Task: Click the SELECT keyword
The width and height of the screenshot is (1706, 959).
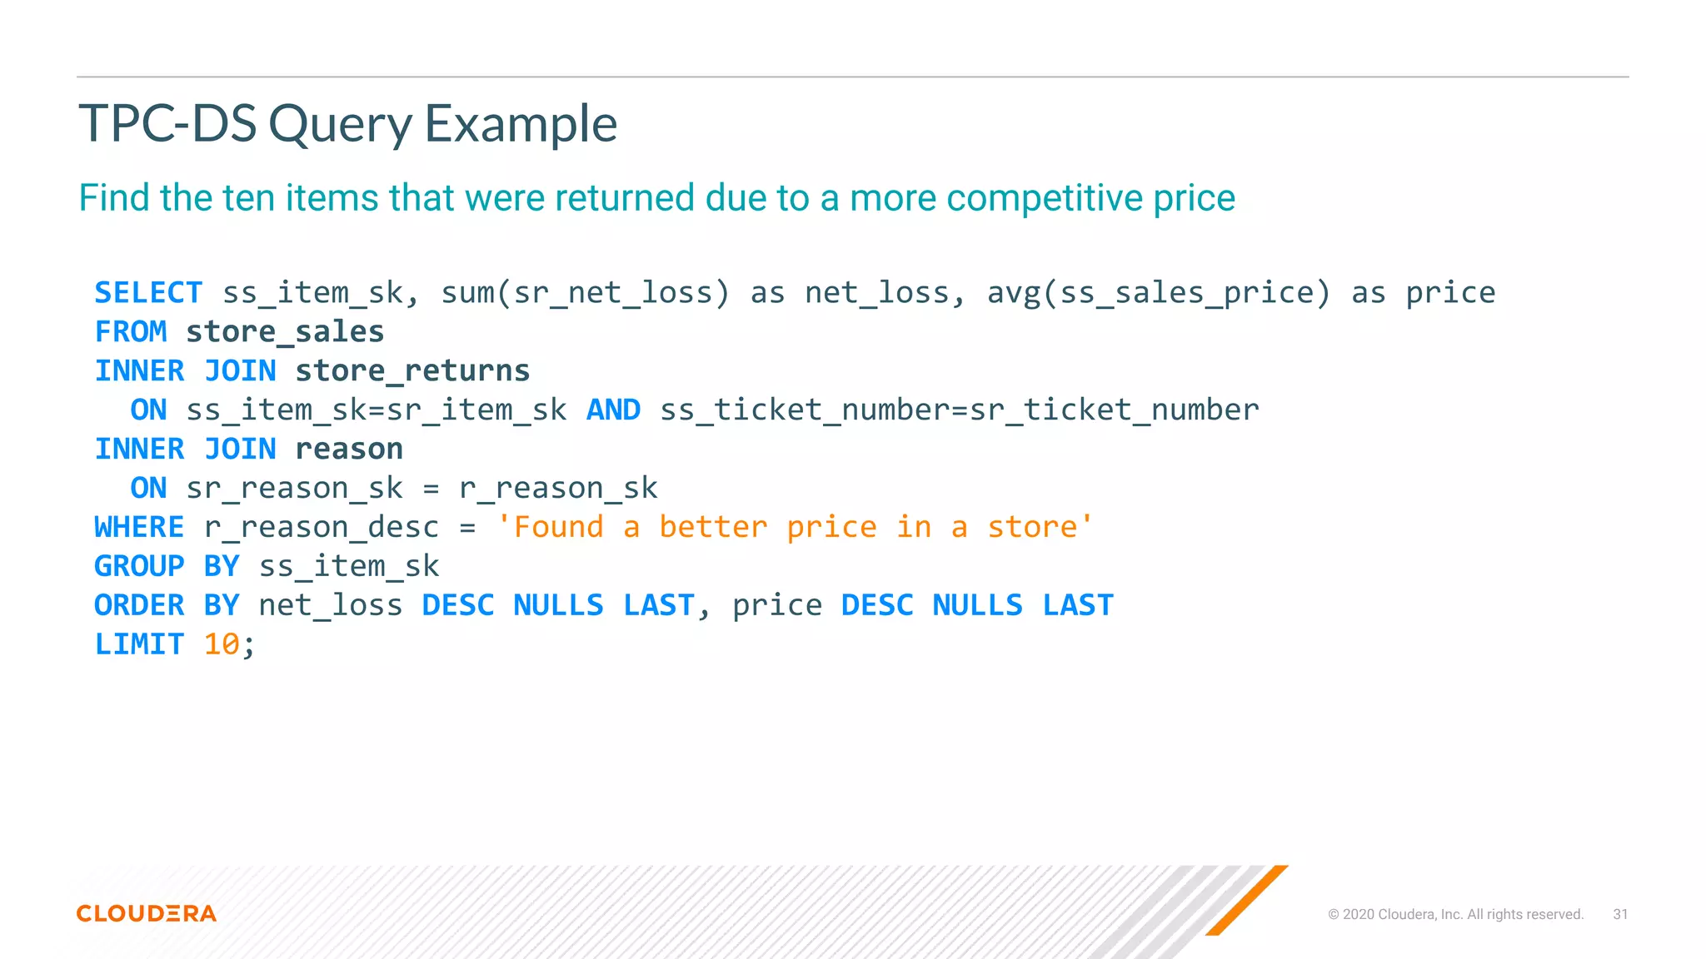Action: point(148,293)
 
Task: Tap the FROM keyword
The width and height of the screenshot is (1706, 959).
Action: point(131,332)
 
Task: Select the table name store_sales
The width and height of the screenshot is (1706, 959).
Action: point(285,332)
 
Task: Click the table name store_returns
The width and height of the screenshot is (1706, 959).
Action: point(412,371)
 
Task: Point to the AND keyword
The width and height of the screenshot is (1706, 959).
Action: point(613,410)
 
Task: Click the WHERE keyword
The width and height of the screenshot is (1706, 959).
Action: point(139,528)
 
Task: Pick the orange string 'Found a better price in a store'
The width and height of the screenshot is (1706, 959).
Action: point(795,528)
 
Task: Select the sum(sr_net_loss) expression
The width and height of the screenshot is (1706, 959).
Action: point(585,293)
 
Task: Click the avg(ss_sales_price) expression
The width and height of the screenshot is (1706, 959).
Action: point(1159,293)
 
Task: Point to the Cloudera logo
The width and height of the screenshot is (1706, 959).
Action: point(147,913)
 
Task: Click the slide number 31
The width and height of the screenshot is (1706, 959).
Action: point(1620,914)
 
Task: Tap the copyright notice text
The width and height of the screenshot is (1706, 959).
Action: point(1455,914)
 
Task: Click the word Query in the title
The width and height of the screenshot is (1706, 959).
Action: point(340,125)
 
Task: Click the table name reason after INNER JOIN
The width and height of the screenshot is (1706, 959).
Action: point(349,450)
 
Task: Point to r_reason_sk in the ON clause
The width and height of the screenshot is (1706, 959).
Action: point(558,489)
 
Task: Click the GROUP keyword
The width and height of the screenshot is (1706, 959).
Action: point(139,567)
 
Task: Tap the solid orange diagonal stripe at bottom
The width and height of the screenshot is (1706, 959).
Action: point(1246,901)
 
